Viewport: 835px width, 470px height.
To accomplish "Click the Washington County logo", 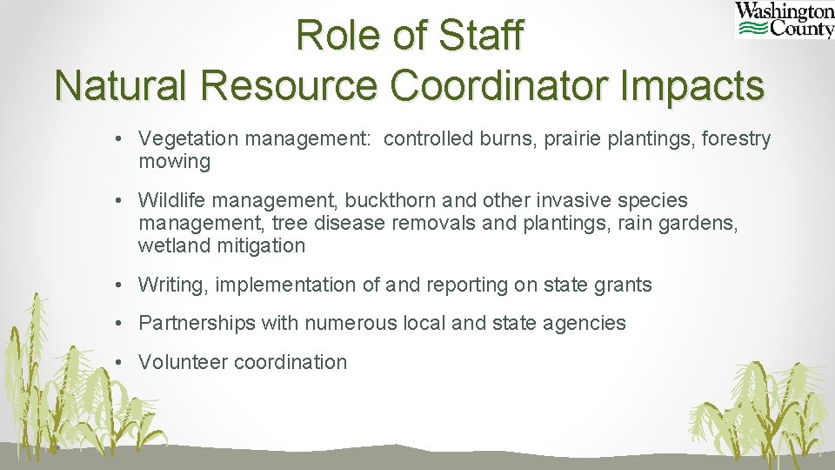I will tap(785, 20).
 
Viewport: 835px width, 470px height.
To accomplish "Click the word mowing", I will tap(174, 161).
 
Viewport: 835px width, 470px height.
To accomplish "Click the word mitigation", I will tap(261, 245).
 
